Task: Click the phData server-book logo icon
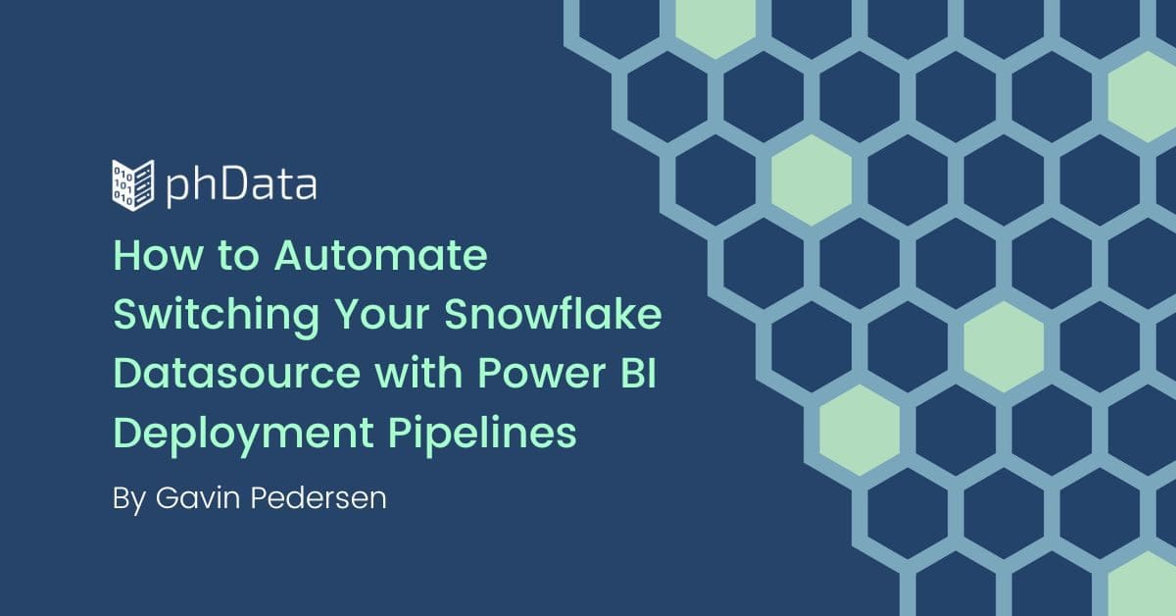coord(133,185)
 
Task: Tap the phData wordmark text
coord(241,186)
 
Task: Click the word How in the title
coord(158,255)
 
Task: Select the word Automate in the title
coord(380,255)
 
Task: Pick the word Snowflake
coord(553,313)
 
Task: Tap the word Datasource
coord(237,373)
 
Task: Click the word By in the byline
coord(129,499)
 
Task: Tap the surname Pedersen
coord(318,497)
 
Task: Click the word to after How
coord(238,256)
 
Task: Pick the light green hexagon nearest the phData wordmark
coord(811,180)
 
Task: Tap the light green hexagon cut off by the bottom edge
coord(1143,585)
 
